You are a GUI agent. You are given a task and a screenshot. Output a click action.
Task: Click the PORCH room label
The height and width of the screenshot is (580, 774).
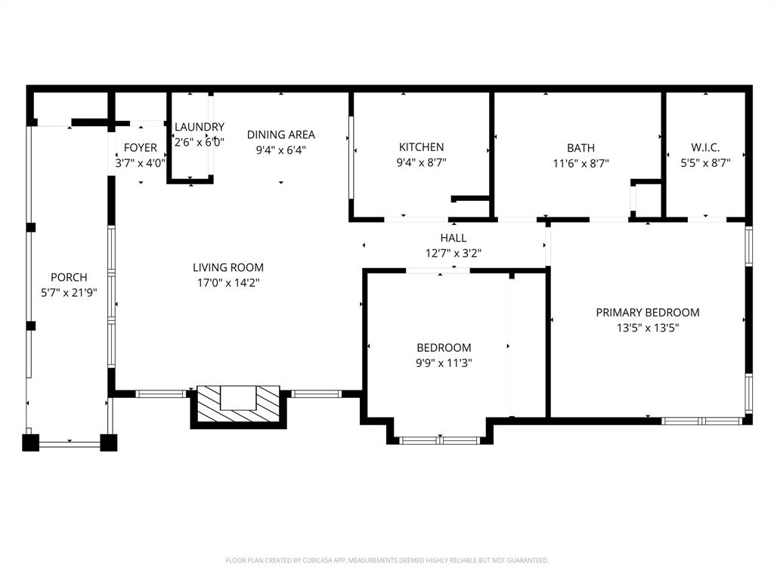[x=69, y=277]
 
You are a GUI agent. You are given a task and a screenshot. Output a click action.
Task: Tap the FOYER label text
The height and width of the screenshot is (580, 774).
[x=141, y=147]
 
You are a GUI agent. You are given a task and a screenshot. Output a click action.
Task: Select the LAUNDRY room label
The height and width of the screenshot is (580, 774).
[x=200, y=127]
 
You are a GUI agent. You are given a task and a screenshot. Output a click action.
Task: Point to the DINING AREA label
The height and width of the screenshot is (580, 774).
[x=281, y=134]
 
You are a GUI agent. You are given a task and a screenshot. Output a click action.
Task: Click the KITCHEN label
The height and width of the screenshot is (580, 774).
[x=421, y=147]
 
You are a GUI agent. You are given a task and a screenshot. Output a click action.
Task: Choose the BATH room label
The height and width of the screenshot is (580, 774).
[x=580, y=148]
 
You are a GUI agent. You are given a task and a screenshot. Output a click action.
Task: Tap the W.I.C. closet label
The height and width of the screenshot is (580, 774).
[x=705, y=147]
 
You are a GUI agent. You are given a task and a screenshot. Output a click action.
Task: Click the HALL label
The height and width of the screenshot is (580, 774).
[x=454, y=238]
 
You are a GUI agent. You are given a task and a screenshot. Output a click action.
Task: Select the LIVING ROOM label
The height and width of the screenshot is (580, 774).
[x=228, y=267]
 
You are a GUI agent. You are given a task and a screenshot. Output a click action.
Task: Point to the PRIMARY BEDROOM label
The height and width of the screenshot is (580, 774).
[x=647, y=312]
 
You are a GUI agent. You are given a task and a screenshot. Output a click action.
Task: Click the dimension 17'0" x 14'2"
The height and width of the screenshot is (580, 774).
[x=228, y=283]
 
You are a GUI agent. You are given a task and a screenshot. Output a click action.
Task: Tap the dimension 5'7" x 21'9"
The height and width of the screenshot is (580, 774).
[x=69, y=292]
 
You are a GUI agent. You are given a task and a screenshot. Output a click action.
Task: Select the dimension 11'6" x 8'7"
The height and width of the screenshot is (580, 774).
[x=580, y=163]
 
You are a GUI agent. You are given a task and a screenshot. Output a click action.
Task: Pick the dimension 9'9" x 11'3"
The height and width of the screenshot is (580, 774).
[x=444, y=363]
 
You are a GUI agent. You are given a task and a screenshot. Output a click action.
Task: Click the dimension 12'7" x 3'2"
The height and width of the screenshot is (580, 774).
[x=454, y=253]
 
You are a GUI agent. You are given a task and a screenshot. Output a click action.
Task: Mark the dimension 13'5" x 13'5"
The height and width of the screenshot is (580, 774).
[x=647, y=328]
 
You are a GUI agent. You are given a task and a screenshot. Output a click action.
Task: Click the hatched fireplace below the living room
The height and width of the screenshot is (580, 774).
[x=238, y=406]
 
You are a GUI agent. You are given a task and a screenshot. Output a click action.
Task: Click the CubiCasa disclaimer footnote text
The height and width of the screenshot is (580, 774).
[x=387, y=560]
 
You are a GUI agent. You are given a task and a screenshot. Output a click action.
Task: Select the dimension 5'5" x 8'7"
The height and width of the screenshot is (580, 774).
[x=705, y=162]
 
